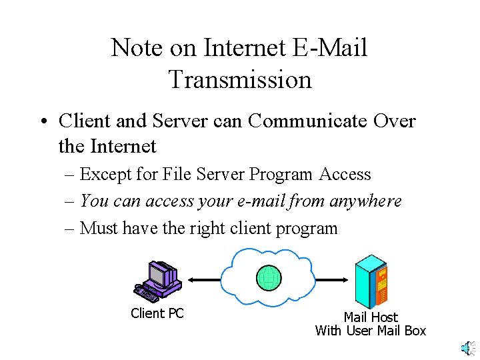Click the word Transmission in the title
coord(240,79)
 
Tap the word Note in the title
coord(135,48)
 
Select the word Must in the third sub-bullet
coord(99,228)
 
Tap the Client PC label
coord(157,313)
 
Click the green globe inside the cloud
coord(269,277)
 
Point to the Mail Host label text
coord(371,317)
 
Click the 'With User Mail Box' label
coord(371,331)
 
